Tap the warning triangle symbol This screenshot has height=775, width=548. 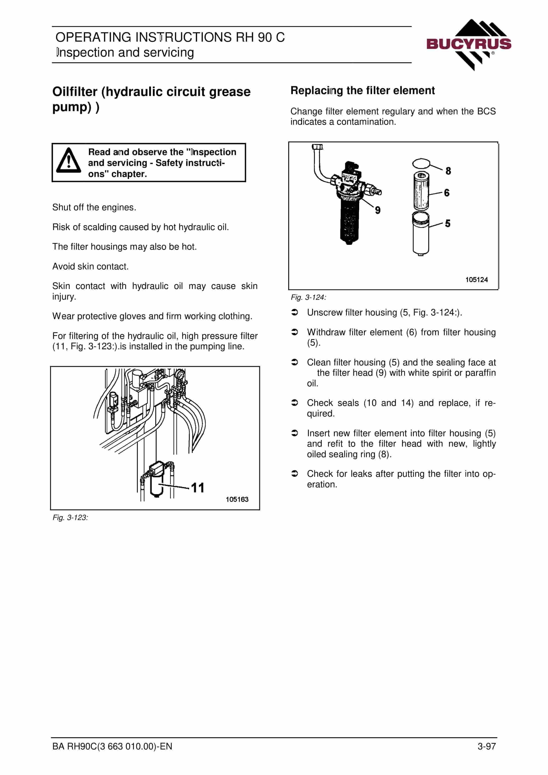[69, 160]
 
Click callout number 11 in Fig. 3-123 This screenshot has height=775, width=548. [198, 488]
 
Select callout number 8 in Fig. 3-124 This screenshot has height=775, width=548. [448, 171]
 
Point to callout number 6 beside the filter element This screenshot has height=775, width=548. [447, 193]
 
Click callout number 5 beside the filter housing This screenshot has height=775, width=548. [448, 223]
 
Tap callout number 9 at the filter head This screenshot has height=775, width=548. [378, 210]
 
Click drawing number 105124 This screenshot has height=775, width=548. [476, 280]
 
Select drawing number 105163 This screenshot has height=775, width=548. [237, 499]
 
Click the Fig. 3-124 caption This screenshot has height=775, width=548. [309, 297]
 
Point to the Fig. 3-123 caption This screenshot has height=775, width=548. [70, 518]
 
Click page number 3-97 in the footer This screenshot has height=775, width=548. [487, 746]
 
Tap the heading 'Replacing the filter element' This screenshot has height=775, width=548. [362, 90]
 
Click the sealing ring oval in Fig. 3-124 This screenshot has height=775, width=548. [421, 164]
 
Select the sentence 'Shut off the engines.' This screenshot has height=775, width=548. [94, 207]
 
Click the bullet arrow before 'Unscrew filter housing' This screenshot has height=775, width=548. [295, 312]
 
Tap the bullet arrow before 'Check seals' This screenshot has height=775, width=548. [295, 403]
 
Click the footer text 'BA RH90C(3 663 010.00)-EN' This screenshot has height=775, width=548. [112, 746]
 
